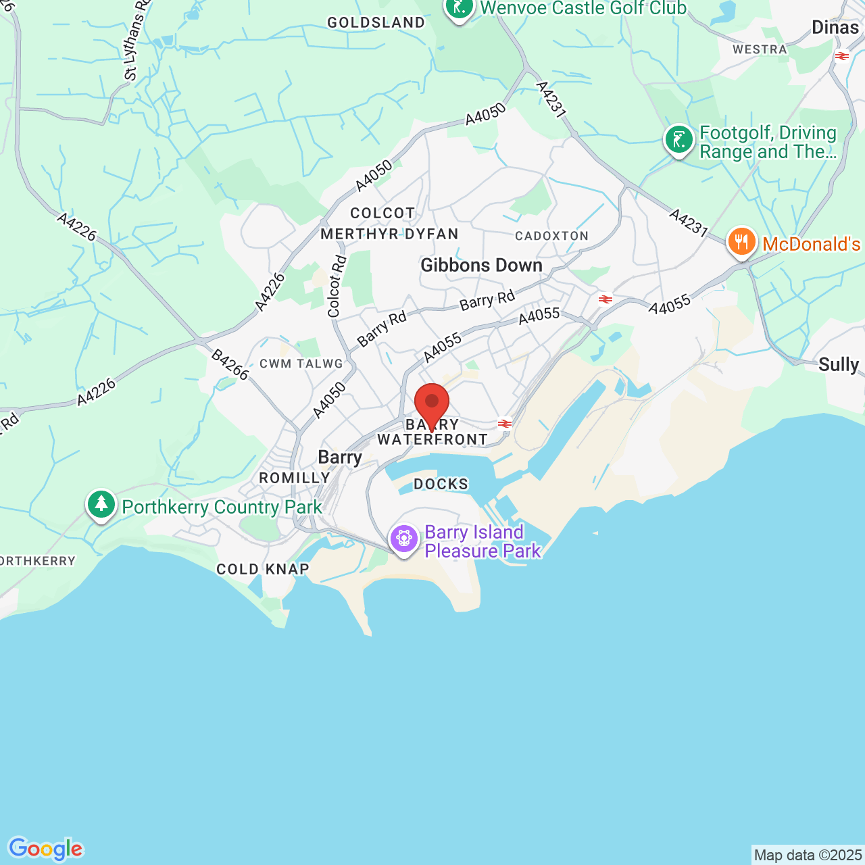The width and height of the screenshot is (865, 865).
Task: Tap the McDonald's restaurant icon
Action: pyautogui.click(x=741, y=241)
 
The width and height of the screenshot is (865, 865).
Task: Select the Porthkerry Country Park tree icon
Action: pyautogui.click(x=101, y=504)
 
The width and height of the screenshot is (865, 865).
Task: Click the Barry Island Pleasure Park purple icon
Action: pyautogui.click(x=404, y=539)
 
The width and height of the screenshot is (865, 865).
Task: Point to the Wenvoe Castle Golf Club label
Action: pyautogui.click(x=583, y=8)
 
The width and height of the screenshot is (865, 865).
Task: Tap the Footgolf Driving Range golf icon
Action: pyautogui.click(x=678, y=141)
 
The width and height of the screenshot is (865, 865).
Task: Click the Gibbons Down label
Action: pyautogui.click(x=481, y=265)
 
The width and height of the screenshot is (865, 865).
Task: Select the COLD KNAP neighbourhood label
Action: pyautogui.click(x=262, y=569)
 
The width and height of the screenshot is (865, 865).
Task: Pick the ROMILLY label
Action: pyautogui.click(x=294, y=478)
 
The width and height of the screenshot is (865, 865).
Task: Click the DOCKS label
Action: pyautogui.click(x=441, y=484)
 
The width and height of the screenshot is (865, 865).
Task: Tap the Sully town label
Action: pyautogui.click(x=839, y=364)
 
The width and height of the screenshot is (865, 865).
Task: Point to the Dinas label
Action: pyautogui.click(x=835, y=28)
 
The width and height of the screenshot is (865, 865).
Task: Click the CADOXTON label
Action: pyautogui.click(x=551, y=236)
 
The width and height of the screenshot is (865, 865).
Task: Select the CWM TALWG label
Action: pyautogui.click(x=301, y=364)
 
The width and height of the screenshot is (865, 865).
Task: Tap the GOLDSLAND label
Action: pyautogui.click(x=376, y=22)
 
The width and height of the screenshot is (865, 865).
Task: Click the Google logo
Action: pyautogui.click(x=45, y=849)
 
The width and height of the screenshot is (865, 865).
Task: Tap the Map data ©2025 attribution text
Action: pyautogui.click(x=808, y=855)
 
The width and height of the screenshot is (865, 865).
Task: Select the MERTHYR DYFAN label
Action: pyautogui.click(x=389, y=234)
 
